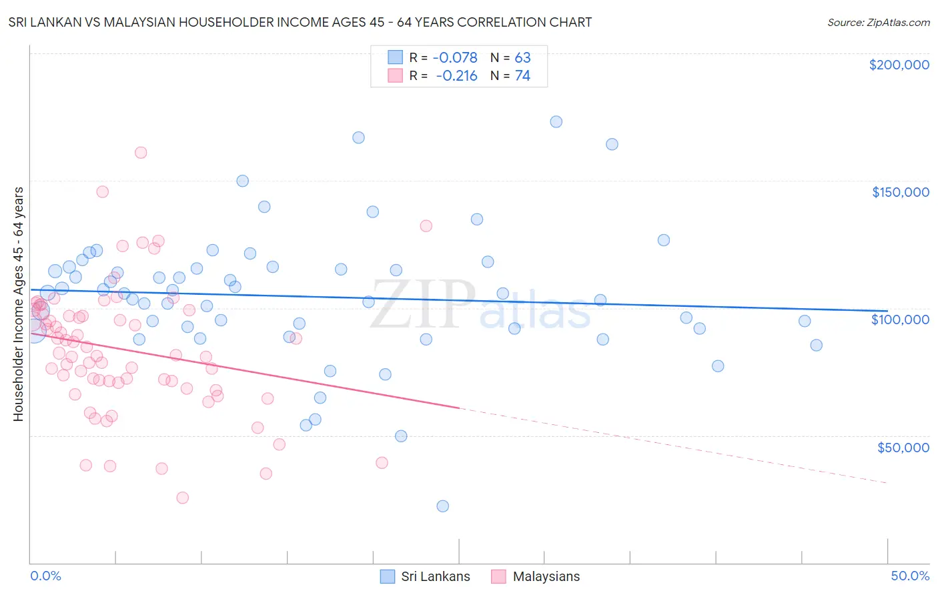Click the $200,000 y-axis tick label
point(899,65)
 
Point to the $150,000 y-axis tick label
point(900,192)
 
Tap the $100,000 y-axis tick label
point(900,320)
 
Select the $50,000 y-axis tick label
point(903,447)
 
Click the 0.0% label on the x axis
point(45,576)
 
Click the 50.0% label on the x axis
point(910,576)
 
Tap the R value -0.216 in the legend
point(457,76)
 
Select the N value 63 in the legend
point(522,58)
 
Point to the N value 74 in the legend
point(522,76)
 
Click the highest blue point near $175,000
point(556,121)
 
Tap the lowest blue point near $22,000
point(442,506)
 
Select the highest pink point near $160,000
point(141,152)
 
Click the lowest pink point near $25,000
point(182,498)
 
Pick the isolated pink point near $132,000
point(426,226)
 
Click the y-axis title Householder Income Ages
point(18,304)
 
